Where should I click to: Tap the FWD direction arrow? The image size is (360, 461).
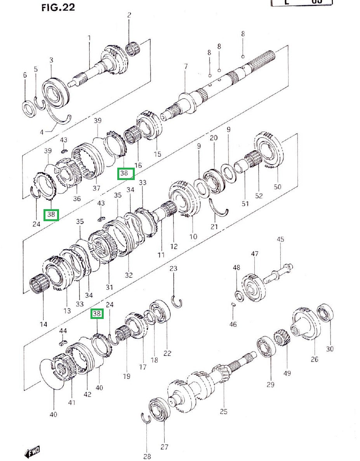coord(32,452)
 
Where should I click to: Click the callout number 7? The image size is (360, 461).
coord(186,67)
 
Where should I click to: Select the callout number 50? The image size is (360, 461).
coord(277,187)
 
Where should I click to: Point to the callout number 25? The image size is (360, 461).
coord(223,412)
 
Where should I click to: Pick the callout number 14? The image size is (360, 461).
coord(43,324)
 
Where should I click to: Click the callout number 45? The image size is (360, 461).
coord(281,239)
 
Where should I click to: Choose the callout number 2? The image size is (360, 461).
coord(129,15)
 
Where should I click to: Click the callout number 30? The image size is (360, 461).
coord(329,349)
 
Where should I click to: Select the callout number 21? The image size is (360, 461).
coord(214,227)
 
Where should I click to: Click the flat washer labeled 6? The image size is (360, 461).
coord(29,108)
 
